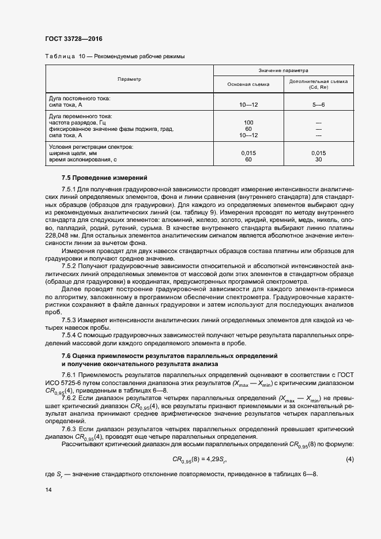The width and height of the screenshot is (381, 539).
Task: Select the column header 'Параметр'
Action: pos(129,79)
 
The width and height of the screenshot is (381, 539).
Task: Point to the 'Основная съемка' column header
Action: pos(248,84)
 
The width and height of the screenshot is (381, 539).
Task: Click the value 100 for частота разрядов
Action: pos(248,123)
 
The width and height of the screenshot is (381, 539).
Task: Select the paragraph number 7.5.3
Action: pos(69,319)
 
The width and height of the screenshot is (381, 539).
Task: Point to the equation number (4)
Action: pos(349,459)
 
